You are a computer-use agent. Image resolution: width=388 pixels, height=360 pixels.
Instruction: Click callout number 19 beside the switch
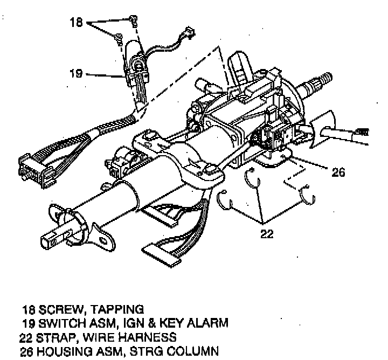click(76, 73)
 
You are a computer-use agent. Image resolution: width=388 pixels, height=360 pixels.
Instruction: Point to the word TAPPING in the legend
click(118, 309)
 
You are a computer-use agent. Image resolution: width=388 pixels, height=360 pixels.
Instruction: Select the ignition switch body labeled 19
click(137, 73)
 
